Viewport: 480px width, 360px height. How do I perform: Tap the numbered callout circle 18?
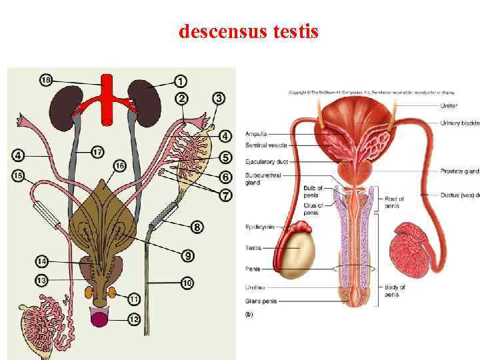[46, 81]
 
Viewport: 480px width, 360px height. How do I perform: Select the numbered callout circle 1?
[181, 82]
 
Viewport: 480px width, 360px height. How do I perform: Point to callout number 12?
[134, 319]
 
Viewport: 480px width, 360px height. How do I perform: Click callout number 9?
[188, 255]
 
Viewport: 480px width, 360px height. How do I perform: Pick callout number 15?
[19, 176]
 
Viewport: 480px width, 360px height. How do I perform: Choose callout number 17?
[97, 153]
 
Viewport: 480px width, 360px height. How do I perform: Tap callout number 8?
[197, 227]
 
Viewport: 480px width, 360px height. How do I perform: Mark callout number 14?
[41, 261]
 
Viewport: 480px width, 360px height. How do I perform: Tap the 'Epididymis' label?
[260, 227]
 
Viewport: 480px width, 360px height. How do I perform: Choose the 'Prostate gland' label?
[459, 171]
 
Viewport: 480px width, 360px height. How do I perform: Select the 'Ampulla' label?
[256, 133]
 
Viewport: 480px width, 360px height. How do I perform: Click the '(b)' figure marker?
[250, 313]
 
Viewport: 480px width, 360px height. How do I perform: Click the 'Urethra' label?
[255, 287]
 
